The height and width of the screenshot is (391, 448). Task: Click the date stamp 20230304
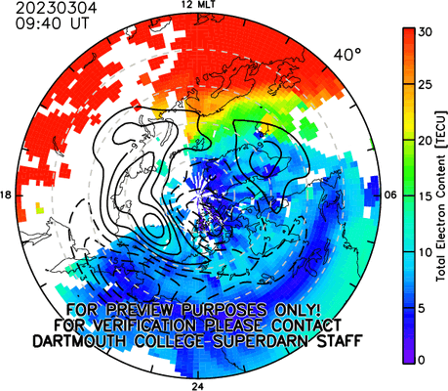57,8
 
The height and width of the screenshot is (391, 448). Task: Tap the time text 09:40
38,23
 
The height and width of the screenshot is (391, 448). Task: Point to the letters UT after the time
79,23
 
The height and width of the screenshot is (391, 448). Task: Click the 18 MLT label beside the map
6,195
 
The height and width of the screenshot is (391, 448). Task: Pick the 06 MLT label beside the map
390,195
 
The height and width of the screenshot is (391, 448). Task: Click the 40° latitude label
347,55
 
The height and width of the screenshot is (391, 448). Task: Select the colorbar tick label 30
426,32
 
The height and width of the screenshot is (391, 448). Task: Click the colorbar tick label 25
426,85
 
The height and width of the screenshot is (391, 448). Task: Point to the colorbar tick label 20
426,141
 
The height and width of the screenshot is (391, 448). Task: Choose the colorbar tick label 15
426,196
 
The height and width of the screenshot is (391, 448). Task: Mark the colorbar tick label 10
426,252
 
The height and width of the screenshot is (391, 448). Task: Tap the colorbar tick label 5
422,308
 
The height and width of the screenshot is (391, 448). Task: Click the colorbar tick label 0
422,360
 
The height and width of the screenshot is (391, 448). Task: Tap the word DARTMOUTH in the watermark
80,341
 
